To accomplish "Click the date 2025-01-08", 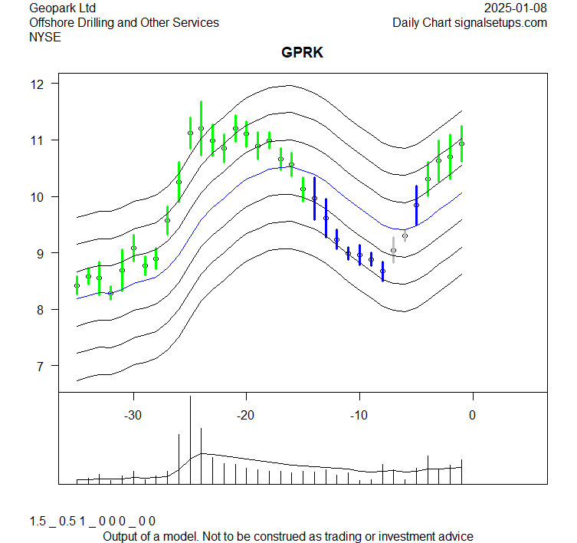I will click(516, 8).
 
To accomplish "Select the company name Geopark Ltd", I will click(68, 8).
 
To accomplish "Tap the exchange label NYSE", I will click(45, 37).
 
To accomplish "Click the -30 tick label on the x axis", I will click(133, 415).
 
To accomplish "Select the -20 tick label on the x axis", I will click(246, 415).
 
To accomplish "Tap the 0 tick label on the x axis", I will click(472, 415).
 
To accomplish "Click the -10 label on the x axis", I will click(359, 415).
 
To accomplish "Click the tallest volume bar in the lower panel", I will click(190, 441).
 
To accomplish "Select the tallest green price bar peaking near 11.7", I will click(201, 128).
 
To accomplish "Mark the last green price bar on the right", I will click(461, 143).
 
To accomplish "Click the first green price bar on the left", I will click(77, 285).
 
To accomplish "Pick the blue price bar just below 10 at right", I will click(416, 205).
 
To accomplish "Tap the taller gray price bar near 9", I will click(393, 250).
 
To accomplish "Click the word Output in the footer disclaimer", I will click(121, 536).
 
